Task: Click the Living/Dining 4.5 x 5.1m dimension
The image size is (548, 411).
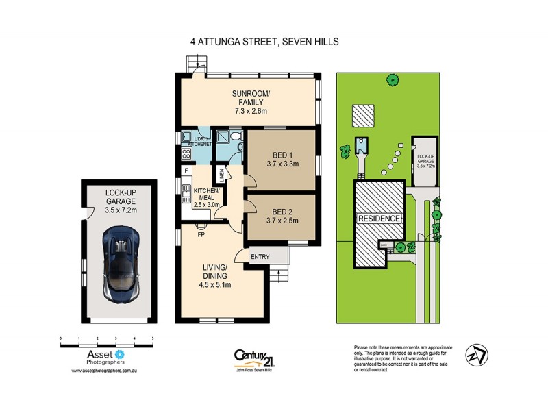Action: point(219,286)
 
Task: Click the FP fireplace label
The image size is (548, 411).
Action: point(201,234)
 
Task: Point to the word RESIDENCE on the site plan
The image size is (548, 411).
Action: point(379,219)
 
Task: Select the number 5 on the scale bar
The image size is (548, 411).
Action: point(152,338)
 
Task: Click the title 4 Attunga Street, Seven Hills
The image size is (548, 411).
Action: point(264,42)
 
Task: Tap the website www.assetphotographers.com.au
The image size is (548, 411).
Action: point(105,370)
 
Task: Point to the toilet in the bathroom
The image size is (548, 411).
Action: point(234,144)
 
